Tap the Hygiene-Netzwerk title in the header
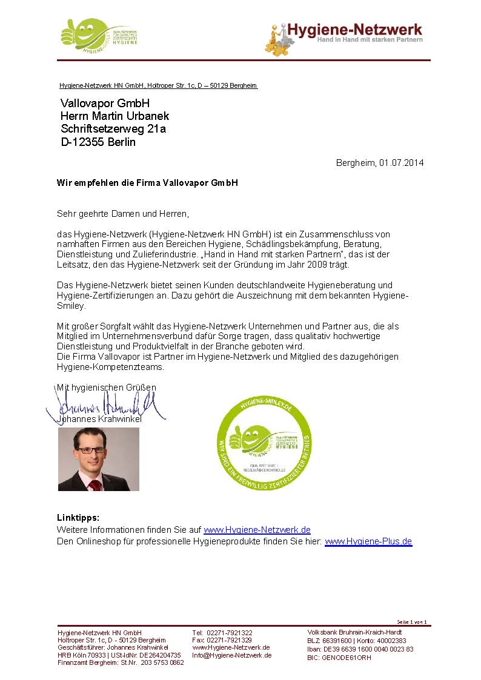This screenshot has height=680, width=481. coord(354,29)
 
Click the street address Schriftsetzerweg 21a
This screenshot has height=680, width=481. coord(113,129)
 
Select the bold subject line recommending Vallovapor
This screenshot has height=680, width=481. coord(147,182)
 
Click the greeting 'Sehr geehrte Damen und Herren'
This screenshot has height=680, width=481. coord(123,214)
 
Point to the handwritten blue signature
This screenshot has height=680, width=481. coord(103,405)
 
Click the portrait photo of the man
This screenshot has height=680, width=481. coord(98,459)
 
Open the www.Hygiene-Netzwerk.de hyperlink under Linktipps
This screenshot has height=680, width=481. coord(257,530)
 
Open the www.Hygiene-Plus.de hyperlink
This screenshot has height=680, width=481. coord(368,541)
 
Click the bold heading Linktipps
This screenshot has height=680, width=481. coord(78,518)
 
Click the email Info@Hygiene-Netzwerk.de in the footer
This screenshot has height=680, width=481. coord(231,655)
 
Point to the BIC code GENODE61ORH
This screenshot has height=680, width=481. coord(347,658)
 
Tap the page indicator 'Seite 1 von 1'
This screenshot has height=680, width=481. coord(412,622)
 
